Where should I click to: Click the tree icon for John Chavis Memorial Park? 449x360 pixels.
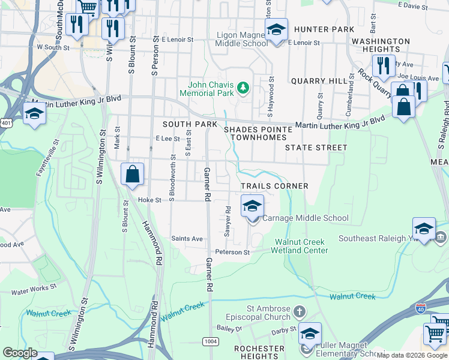pos(243,89)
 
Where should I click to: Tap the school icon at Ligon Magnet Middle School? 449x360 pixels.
pos(276,29)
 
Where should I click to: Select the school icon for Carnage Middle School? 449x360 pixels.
pos(253,206)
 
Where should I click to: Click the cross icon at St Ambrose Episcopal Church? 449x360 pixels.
pos(300,311)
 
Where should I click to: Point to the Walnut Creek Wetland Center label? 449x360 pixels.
pos(301,246)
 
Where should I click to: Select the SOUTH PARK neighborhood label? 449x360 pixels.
pos(190,124)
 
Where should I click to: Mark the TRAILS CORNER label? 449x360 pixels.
pos(274,186)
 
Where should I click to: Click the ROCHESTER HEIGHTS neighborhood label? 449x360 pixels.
pos(259,352)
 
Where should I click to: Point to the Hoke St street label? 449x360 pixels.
pos(150,200)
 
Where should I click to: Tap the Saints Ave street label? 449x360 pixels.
pos(187,238)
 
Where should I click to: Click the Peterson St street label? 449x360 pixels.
pos(232,252)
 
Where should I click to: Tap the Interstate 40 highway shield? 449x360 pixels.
pos(422,309)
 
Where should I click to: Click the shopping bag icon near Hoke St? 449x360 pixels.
pos(133,175)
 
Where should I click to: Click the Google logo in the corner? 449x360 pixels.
pos(20,353)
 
